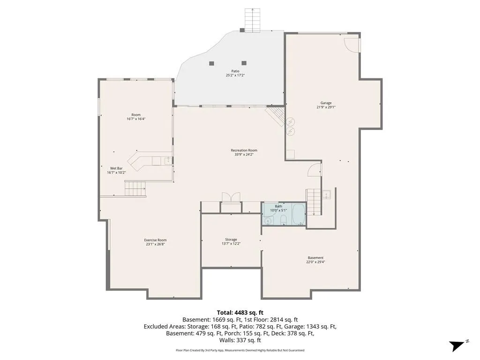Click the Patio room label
235,71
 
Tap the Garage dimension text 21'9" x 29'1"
326,107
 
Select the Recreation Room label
244,150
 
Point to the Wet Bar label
116,168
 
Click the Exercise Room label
156,240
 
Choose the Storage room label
231,240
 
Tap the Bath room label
278,206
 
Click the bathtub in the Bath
298,214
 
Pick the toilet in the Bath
284,219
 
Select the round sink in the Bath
268,221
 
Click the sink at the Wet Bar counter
168,160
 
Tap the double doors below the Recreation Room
231,197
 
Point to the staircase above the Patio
252,20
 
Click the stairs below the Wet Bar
135,188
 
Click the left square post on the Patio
211,63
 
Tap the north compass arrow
457,346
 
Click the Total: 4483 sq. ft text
240,313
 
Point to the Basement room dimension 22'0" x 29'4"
315,262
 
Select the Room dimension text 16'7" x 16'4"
136,119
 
